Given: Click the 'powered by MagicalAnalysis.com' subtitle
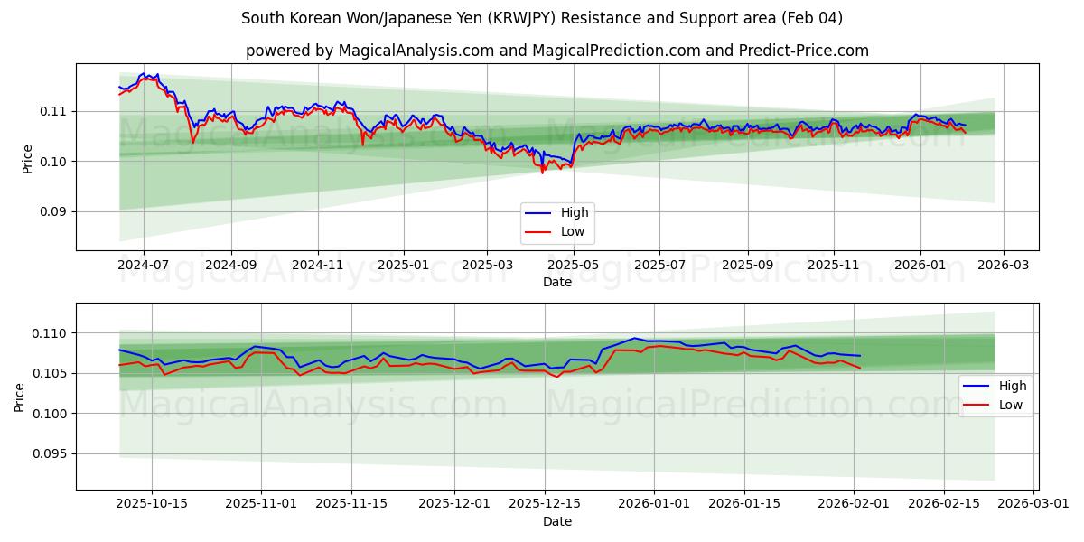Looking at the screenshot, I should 556,51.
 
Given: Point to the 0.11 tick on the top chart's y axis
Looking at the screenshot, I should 55,111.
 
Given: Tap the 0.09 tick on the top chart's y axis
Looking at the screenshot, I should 55,211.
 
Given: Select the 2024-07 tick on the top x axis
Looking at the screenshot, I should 144,266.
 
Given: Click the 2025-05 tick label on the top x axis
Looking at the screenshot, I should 575,266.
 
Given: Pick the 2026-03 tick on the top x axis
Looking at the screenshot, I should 1005,266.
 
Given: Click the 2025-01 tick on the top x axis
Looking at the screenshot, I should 403,266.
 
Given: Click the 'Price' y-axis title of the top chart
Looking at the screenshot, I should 28,159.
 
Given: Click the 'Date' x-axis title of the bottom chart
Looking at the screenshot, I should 556,522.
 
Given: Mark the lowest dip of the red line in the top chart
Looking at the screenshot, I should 542,173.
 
